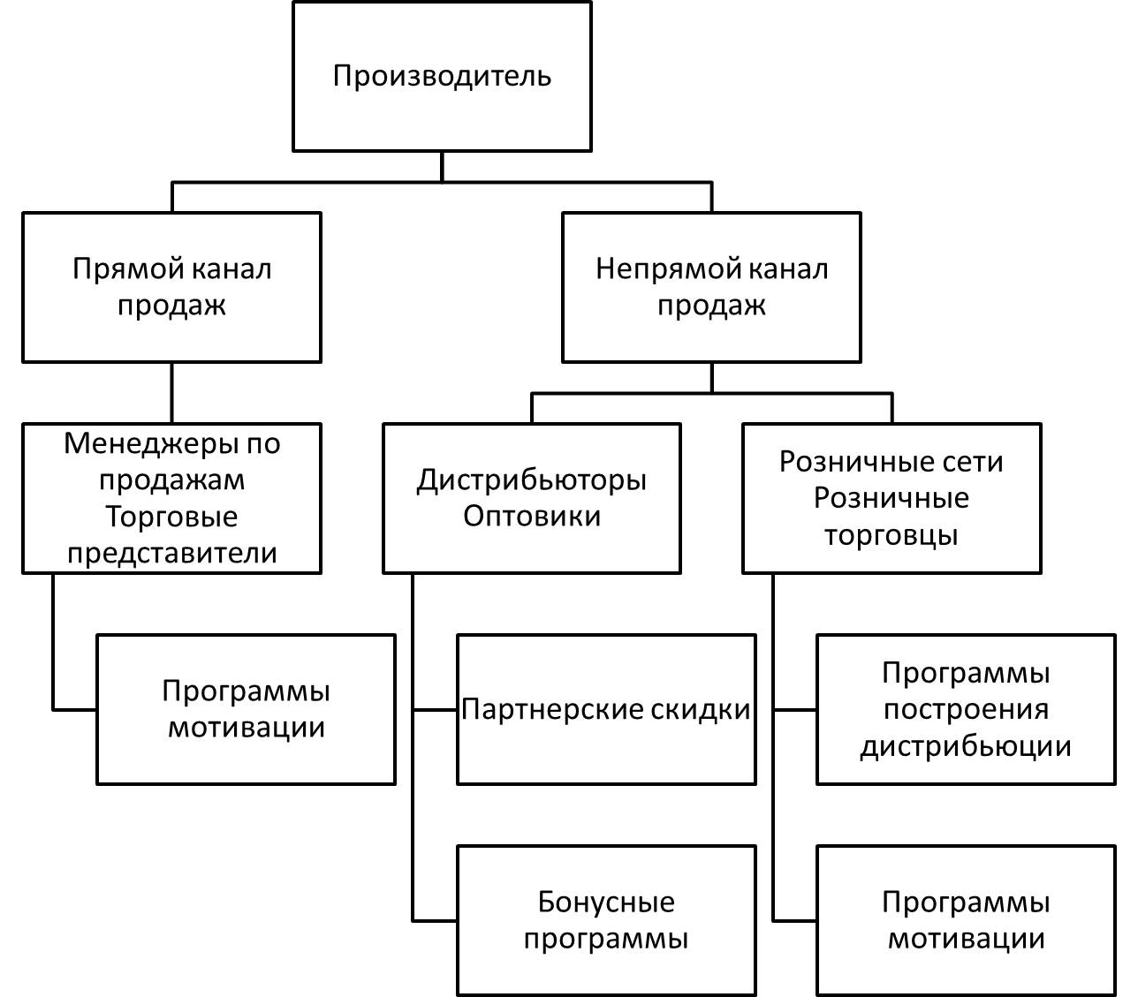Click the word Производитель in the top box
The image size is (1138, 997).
point(442,76)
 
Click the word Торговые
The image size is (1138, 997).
point(171,517)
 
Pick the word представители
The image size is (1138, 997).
point(171,554)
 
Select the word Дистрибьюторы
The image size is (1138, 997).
point(531,480)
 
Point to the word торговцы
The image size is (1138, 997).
point(891,535)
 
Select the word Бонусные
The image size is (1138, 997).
point(606,903)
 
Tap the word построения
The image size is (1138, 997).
point(966,709)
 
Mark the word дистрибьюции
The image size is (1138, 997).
point(966,746)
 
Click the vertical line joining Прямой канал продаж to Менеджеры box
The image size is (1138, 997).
point(171,393)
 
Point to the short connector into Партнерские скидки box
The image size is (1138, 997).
point(435,709)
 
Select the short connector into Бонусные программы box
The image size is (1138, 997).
point(435,921)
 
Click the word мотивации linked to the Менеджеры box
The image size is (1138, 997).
point(246,728)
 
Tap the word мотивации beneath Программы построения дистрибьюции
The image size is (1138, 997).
point(966,939)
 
